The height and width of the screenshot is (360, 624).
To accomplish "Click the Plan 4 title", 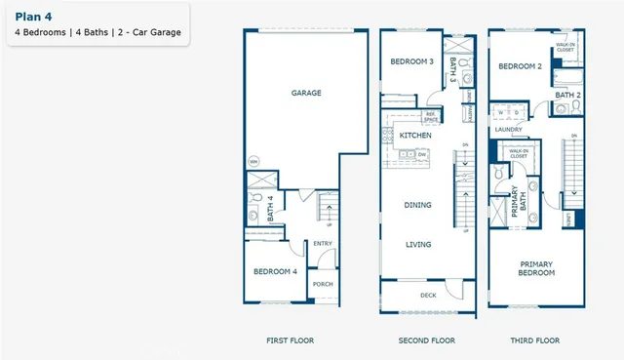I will click(x=32, y=17).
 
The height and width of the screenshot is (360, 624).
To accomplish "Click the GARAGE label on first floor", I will click(x=306, y=94).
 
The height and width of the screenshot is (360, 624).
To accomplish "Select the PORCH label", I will click(x=322, y=284).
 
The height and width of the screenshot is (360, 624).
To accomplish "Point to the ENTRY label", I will click(x=322, y=244).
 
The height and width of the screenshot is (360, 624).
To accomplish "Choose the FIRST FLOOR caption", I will click(x=291, y=340).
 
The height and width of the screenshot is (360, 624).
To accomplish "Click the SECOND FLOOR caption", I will click(x=428, y=340).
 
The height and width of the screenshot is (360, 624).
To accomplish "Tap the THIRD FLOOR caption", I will click(x=536, y=340).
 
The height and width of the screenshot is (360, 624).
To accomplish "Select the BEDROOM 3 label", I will click(x=411, y=61).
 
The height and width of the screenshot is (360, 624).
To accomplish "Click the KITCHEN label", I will click(x=415, y=136).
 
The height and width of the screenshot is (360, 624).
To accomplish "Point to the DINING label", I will click(x=418, y=205).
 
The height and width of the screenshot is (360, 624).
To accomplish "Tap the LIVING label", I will click(x=418, y=245).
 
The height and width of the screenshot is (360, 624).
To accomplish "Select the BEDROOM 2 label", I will click(x=519, y=67).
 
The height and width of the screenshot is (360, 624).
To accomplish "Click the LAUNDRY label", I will click(x=508, y=129).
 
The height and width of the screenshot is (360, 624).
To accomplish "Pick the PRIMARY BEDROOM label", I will click(x=536, y=268).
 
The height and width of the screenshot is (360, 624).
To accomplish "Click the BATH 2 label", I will click(x=568, y=95).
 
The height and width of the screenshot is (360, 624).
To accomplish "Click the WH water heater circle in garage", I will click(x=253, y=161).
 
